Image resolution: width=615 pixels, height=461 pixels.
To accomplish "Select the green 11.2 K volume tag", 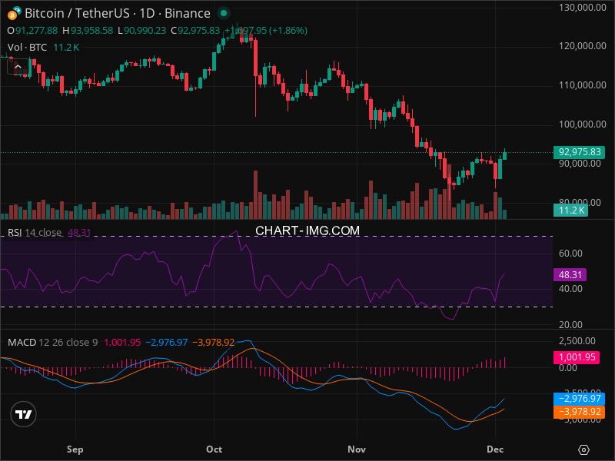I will (x=572, y=210).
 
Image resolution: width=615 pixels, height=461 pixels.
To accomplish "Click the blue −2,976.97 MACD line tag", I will (x=578, y=399).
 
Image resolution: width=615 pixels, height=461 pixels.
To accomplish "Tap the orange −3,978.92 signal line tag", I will (x=578, y=412).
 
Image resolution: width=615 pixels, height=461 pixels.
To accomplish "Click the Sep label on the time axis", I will (x=75, y=449).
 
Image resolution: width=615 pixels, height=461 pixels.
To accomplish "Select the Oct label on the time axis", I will (x=214, y=449).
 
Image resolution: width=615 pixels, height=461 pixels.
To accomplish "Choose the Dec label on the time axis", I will (x=495, y=449).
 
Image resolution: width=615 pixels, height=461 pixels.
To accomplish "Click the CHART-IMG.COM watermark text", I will (x=307, y=230).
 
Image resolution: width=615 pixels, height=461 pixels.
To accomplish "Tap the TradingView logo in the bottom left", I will (x=24, y=414).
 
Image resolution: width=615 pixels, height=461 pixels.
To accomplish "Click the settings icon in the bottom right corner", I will (x=584, y=449).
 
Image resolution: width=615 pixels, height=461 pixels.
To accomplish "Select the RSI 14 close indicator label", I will (x=35, y=232).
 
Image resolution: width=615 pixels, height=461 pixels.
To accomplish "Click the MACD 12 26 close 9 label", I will (x=53, y=342).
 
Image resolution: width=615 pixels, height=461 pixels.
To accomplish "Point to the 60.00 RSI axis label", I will (x=569, y=253).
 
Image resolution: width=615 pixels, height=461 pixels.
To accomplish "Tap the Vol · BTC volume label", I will (x=28, y=48).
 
